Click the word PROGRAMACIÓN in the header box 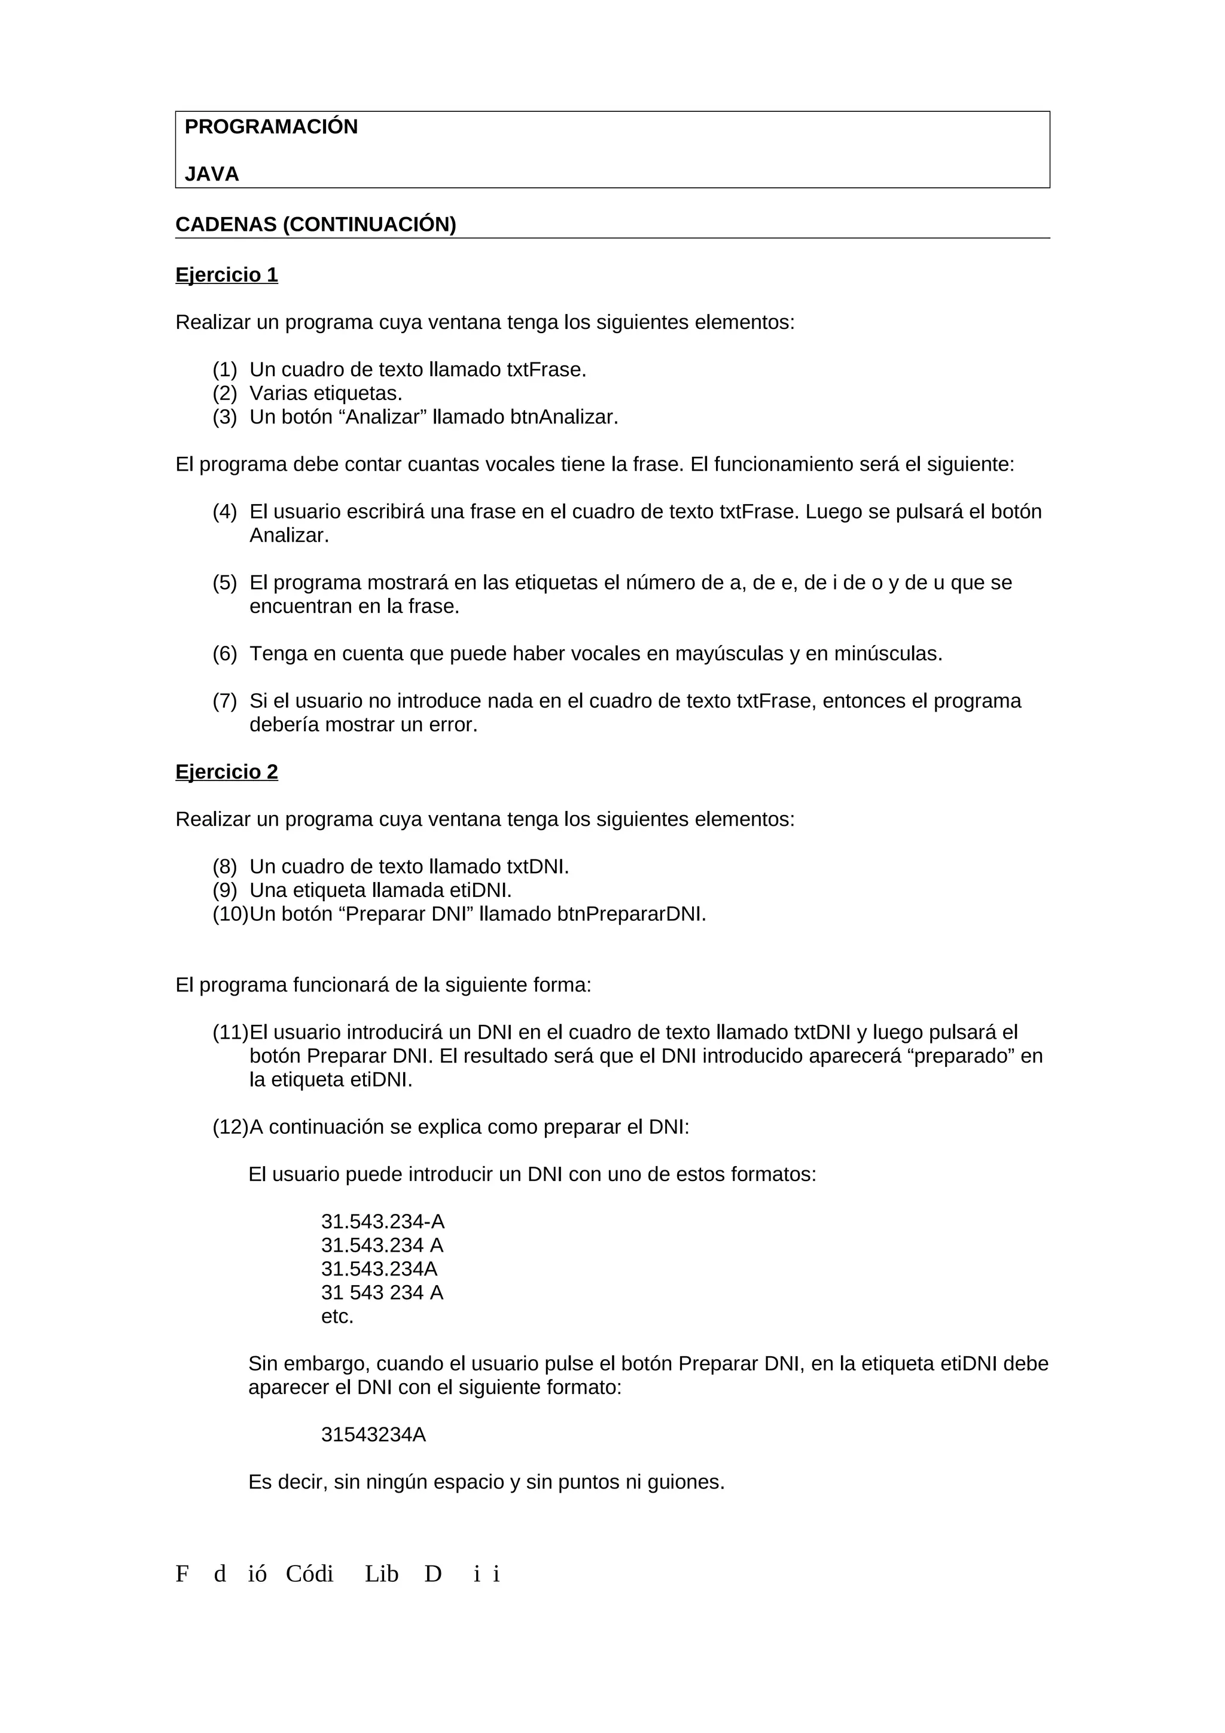pyautogui.click(x=271, y=127)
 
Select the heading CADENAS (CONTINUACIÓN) pyautogui.click(x=315, y=225)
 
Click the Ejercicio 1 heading pyautogui.click(x=227, y=274)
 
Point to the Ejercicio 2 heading pyautogui.click(x=227, y=771)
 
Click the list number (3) pyautogui.click(x=224, y=417)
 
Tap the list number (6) pyautogui.click(x=224, y=654)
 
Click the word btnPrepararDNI pyautogui.click(x=631, y=914)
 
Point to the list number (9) pyautogui.click(x=224, y=890)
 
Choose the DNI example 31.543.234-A pyautogui.click(x=383, y=1221)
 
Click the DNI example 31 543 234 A pyautogui.click(x=382, y=1292)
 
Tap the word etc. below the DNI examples pyautogui.click(x=337, y=1316)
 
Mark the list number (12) pyautogui.click(x=230, y=1127)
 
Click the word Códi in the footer pyautogui.click(x=309, y=1575)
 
